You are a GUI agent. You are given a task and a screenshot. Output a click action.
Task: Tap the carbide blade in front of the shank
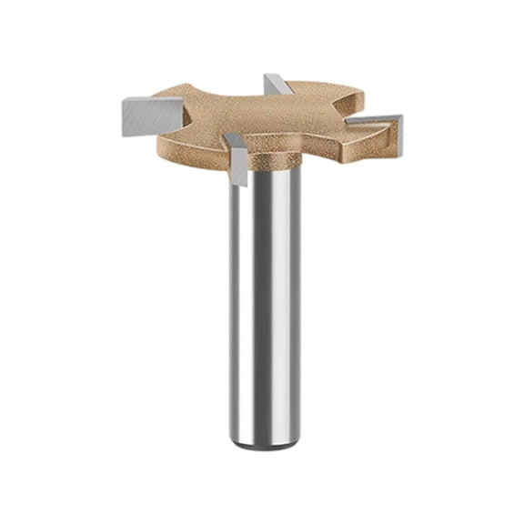coord(237,165)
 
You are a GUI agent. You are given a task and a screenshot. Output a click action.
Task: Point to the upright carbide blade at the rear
coord(277,86)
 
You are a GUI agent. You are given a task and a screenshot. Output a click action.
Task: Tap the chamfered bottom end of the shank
coord(264,444)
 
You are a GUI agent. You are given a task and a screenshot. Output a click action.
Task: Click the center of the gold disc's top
coord(264,118)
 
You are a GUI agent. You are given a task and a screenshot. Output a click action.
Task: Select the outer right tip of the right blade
coord(400,118)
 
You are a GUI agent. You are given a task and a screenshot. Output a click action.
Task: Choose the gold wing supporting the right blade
coord(359,136)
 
